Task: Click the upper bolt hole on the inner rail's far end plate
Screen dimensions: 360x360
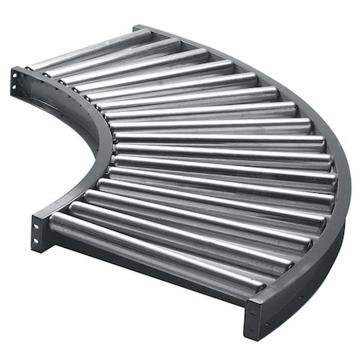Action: tap(17, 74)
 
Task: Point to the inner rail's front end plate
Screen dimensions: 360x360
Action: tap(38, 232)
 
